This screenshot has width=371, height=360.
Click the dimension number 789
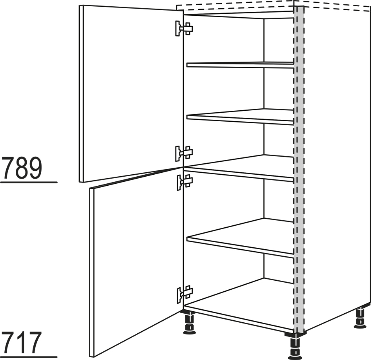23,168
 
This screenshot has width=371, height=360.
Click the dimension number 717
22,342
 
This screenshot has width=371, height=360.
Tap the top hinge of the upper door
184,28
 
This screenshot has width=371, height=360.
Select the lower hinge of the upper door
184,154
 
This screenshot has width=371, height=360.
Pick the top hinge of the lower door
185,183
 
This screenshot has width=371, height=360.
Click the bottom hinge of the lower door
185,295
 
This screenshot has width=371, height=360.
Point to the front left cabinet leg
190,322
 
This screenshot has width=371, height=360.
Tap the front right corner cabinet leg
294,346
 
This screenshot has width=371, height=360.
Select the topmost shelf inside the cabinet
240,65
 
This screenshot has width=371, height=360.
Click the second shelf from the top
240,117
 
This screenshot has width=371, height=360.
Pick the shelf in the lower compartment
240,238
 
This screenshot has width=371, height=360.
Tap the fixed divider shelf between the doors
239,168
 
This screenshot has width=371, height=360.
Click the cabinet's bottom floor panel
239,305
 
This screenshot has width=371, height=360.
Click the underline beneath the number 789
29,183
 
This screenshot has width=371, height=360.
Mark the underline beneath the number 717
29,357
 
